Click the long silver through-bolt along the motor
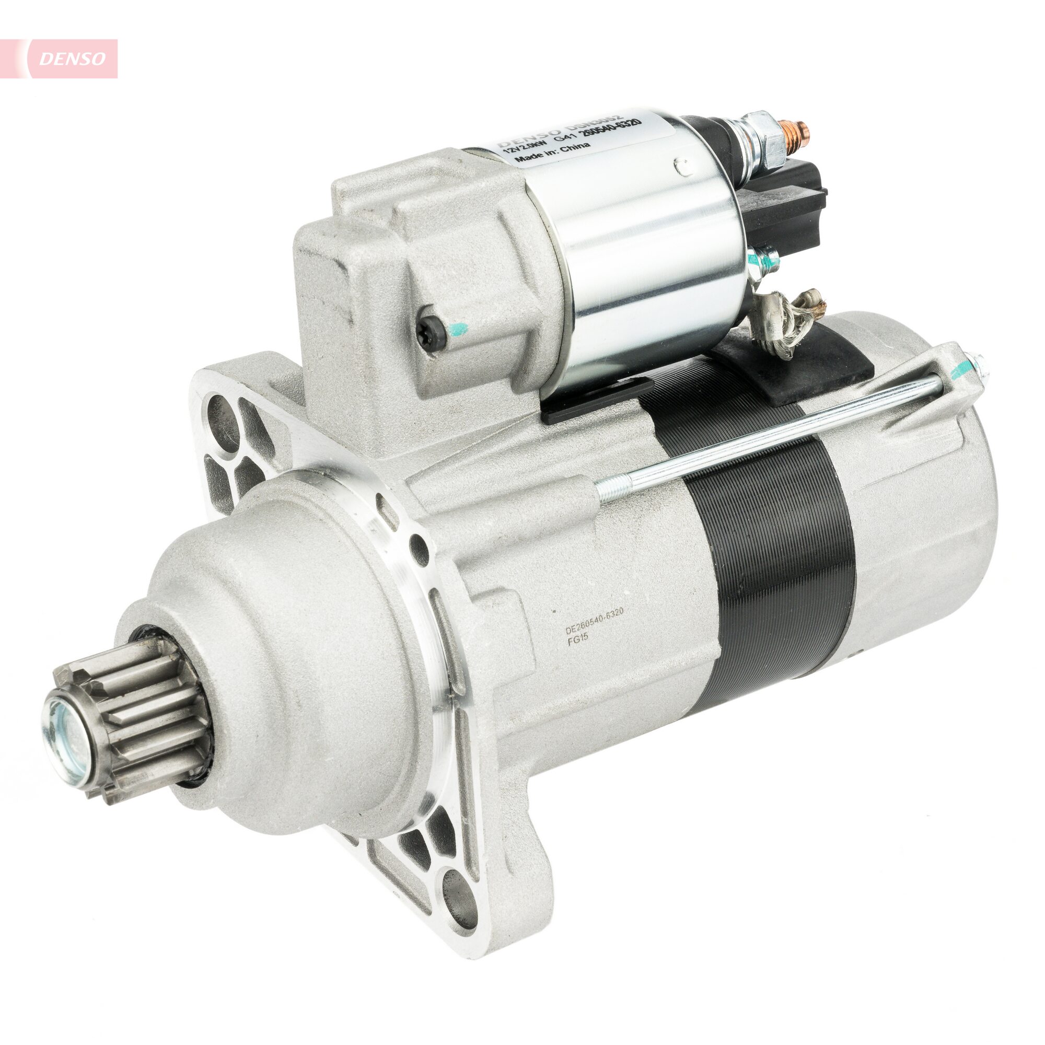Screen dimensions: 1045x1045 768,433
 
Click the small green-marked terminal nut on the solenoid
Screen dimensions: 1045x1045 764,260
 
